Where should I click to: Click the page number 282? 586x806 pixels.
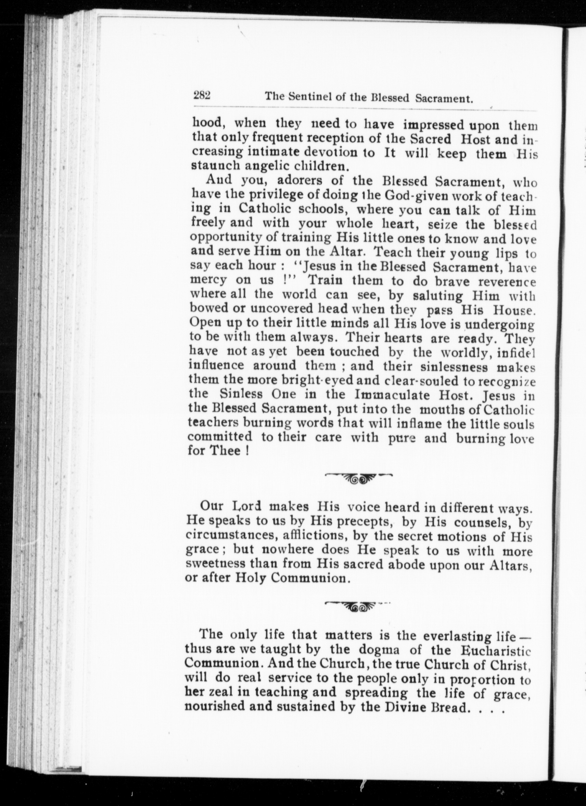pyautogui.click(x=202, y=95)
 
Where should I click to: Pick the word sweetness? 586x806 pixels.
pyautogui.click(x=215, y=564)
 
